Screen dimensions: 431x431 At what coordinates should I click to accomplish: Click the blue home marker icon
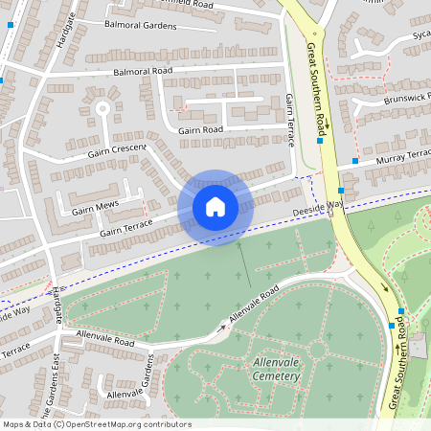[215, 206]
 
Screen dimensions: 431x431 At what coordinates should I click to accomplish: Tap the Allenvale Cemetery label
[263, 369]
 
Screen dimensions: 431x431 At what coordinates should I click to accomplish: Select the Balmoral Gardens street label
[141, 26]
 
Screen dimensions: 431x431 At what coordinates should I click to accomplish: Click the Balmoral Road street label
[142, 71]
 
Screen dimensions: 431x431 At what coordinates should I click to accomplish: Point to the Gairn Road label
[199, 129]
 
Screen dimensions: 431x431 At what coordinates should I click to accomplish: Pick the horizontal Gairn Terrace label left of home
[125, 226]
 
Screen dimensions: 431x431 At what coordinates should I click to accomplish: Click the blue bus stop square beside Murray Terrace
[354, 161]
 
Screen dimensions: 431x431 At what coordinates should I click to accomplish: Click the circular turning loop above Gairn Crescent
[102, 108]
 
